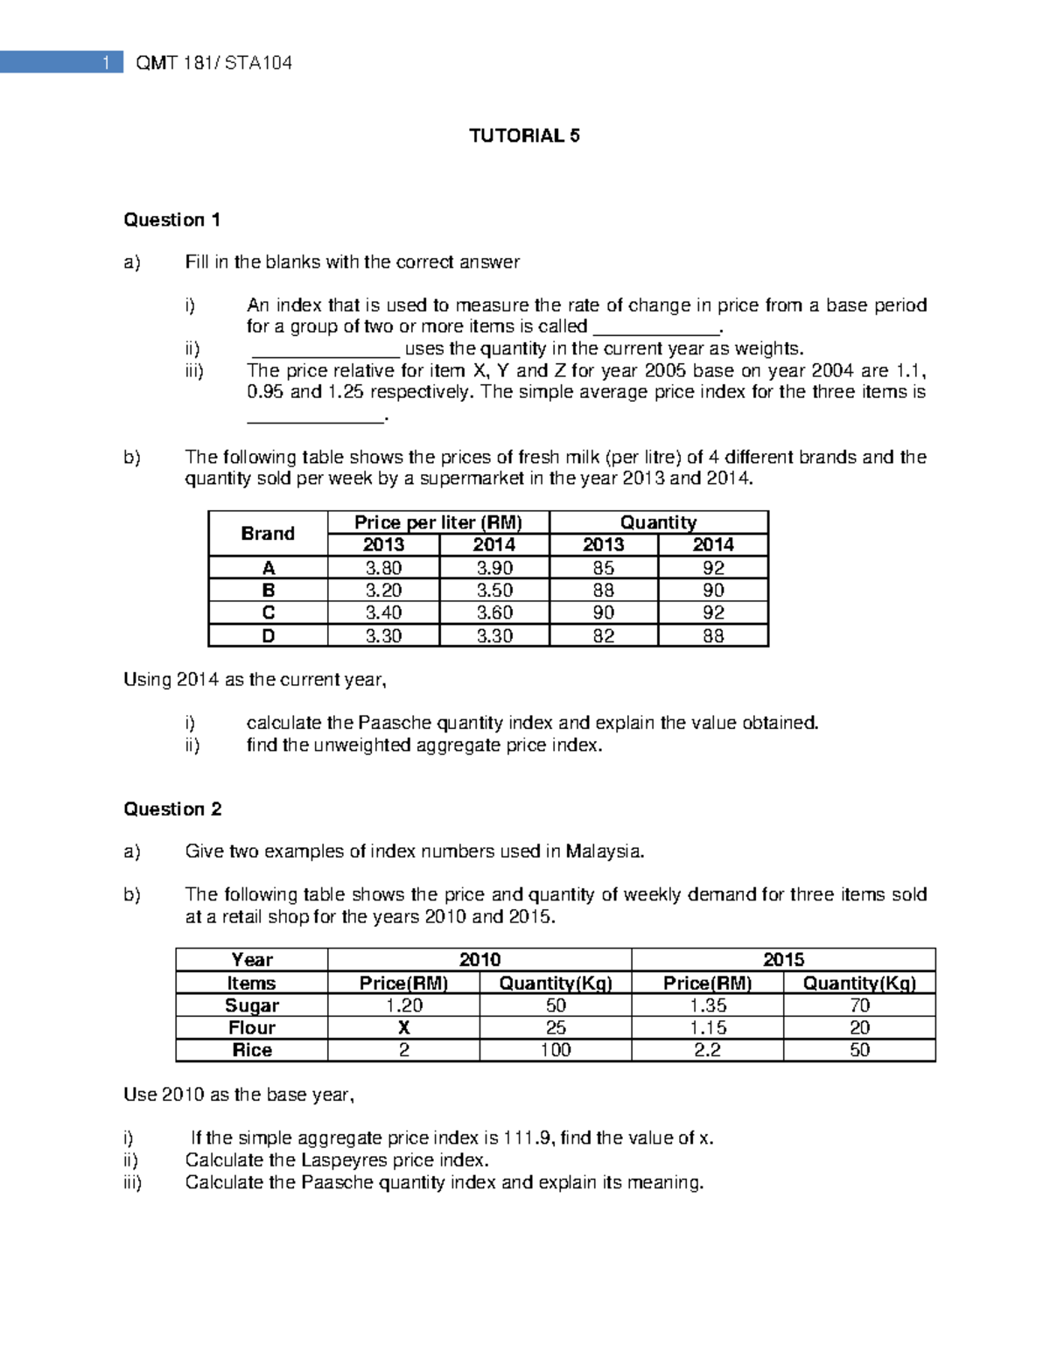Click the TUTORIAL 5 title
[524, 136]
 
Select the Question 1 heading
[171, 220]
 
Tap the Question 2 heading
[172, 809]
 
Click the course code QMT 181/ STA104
[214, 63]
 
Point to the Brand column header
[268, 534]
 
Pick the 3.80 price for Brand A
[383, 568]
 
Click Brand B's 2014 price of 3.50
[494, 591]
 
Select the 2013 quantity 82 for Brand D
[604, 636]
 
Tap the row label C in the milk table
[268, 613]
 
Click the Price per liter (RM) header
[437, 522]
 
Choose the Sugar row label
[252, 1005]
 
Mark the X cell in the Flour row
[403, 1028]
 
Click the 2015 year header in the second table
[783, 960]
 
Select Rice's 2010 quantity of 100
[556, 1050]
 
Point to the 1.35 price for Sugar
[707, 1005]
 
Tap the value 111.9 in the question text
[528, 1138]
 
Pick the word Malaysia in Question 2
[603, 851]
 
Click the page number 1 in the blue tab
[107, 62]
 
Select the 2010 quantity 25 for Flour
[556, 1028]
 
